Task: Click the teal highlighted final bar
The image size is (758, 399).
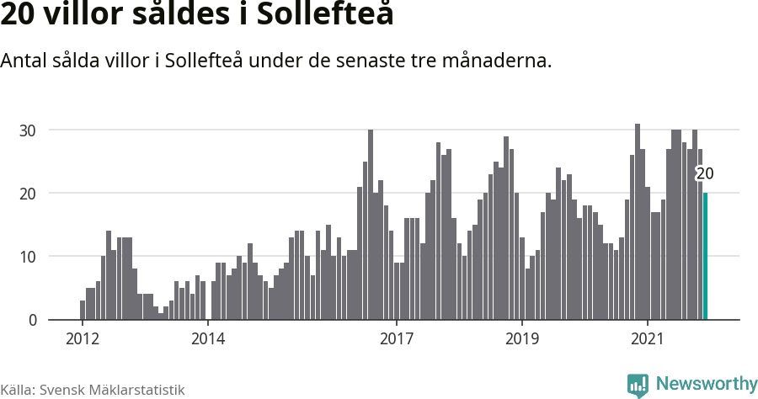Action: pyautogui.click(x=706, y=257)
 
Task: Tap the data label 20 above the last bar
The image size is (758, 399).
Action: pyautogui.click(x=705, y=174)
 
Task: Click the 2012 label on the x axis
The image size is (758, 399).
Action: pyautogui.click(x=82, y=339)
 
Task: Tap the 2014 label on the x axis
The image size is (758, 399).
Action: pyautogui.click(x=207, y=339)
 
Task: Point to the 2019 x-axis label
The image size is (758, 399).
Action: pyautogui.click(x=521, y=339)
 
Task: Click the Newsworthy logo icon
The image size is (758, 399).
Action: pyautogui.click(x=638, y=385)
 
